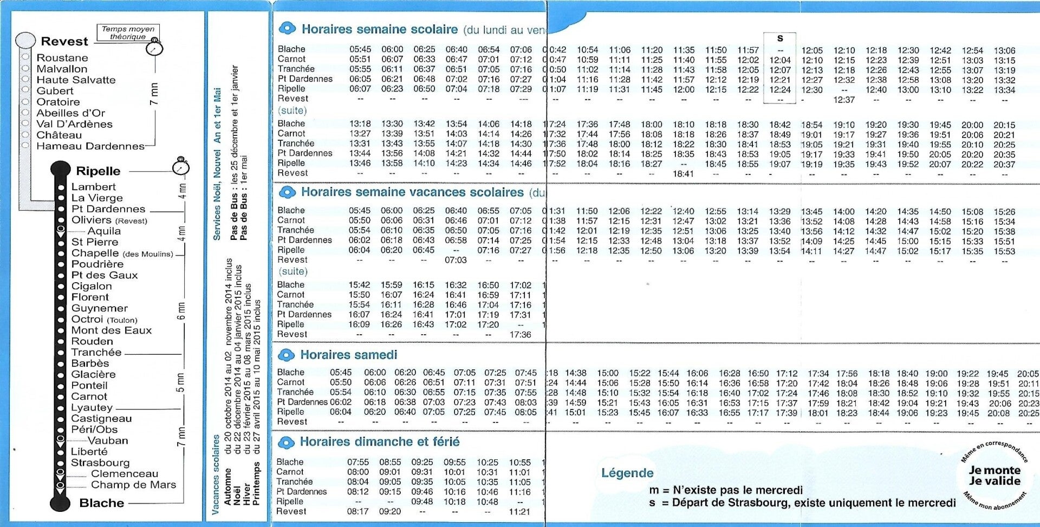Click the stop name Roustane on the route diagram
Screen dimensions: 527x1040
click(62, 57)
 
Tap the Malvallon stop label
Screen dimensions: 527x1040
click(62, 69)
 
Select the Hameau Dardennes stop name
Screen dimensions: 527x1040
click(90, 146)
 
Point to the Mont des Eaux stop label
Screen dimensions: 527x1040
click(111, 330)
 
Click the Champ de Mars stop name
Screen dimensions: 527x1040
click(133, 485)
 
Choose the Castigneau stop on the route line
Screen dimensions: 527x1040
click(101, 418)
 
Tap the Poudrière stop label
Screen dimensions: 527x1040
click(97, 264)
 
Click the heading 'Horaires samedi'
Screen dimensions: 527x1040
click(348, 355)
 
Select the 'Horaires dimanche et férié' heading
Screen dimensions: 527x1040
click(379, 441)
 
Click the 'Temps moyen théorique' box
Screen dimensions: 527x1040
click(128, 32)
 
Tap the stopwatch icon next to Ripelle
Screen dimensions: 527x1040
click(180, 167)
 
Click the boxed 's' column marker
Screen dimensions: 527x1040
click(779, 38)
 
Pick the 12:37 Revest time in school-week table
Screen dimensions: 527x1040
click(843, 100)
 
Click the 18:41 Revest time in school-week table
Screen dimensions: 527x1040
click(683, 174)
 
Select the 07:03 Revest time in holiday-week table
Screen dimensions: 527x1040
click(456, 260)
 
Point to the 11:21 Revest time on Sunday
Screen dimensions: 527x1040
click(519, 511)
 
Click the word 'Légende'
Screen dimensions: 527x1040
click(627, 473)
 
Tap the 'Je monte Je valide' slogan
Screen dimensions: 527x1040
click(994, 476)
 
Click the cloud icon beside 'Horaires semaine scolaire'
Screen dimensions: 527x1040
click(287, 28)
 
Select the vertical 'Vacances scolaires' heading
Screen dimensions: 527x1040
click(216, 474)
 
